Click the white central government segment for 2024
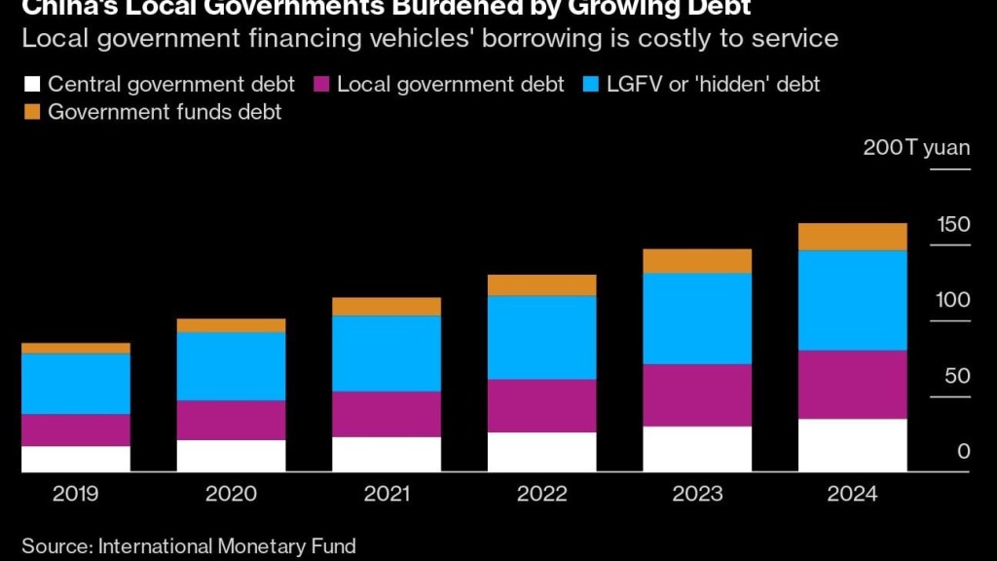[852, 445]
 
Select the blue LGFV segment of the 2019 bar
[76, 384]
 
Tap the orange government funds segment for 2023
[697, 261]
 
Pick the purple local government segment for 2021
[387, 414]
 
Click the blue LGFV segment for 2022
[541, 337]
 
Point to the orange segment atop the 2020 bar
[231, 325]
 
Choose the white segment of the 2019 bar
[76, 459]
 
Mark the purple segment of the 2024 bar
[852, 385]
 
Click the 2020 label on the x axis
[231, 494]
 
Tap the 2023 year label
[697, 494]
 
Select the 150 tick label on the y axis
[953, 225]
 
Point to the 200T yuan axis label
[916, 148]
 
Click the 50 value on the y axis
[956, 376]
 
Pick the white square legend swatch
[31, 84]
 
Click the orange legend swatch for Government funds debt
[31, 112]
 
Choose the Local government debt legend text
[450, 84]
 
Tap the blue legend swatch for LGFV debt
[591, 84]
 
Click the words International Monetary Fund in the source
[227, 545]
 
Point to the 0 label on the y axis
[963, 452]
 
